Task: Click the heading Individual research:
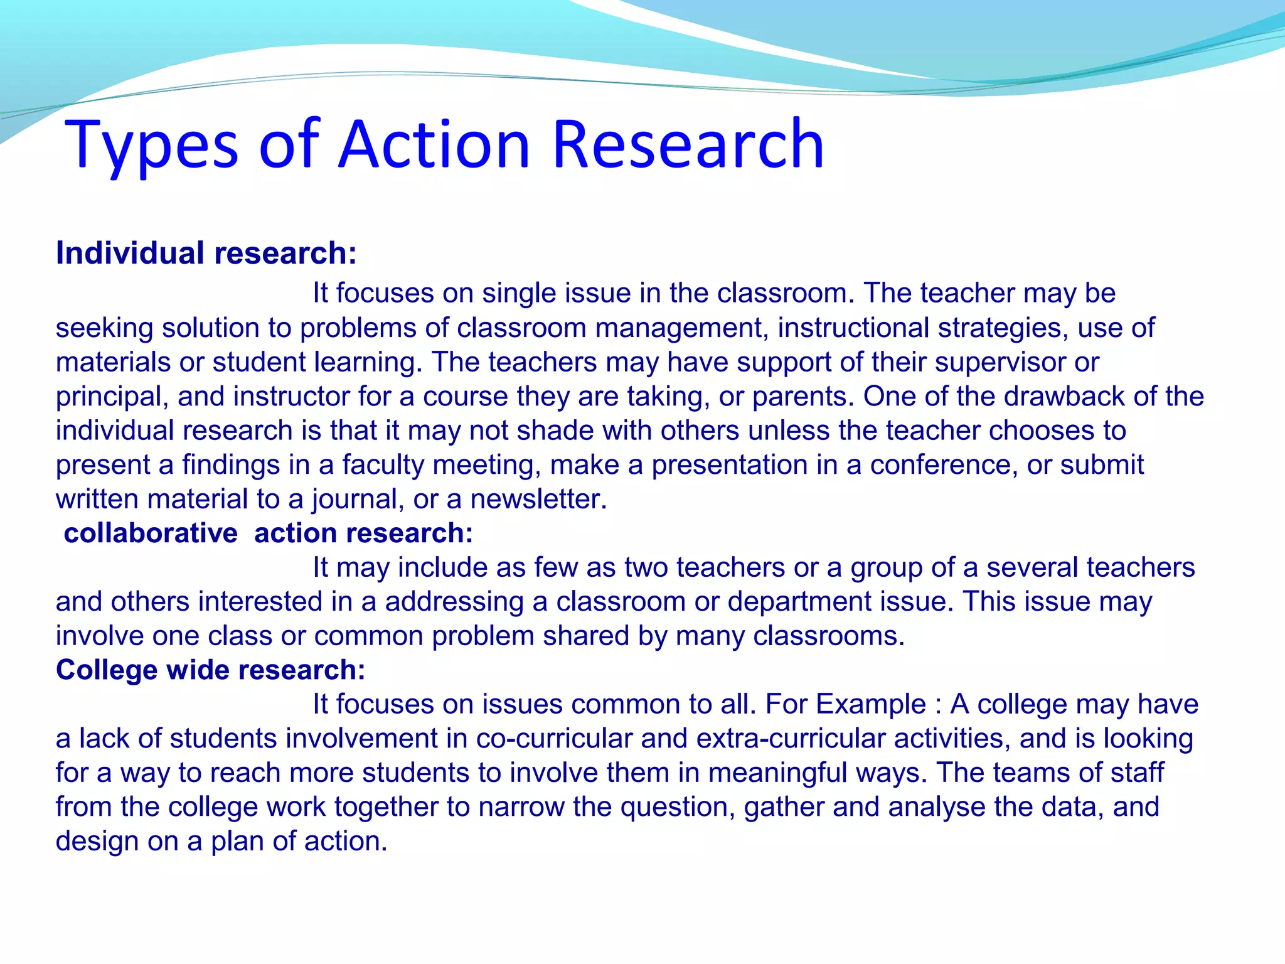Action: point(206,254)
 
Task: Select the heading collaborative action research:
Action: point(269,533)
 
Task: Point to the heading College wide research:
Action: point(210,670)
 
